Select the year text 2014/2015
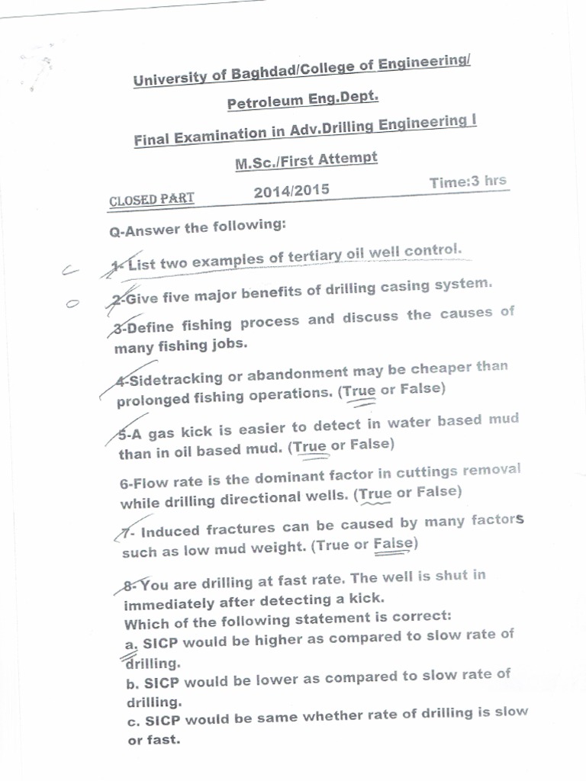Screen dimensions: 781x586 click(291, 190)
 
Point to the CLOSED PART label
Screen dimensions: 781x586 click(152, 200)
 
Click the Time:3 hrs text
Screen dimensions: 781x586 click(468, 182)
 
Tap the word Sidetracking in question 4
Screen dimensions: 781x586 click(176, 378)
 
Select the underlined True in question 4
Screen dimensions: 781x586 click(359, 391)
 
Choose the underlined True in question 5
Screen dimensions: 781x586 click(310, 447)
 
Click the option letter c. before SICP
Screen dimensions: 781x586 click(132, 721)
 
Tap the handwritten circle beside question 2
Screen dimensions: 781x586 click(72, 304)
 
